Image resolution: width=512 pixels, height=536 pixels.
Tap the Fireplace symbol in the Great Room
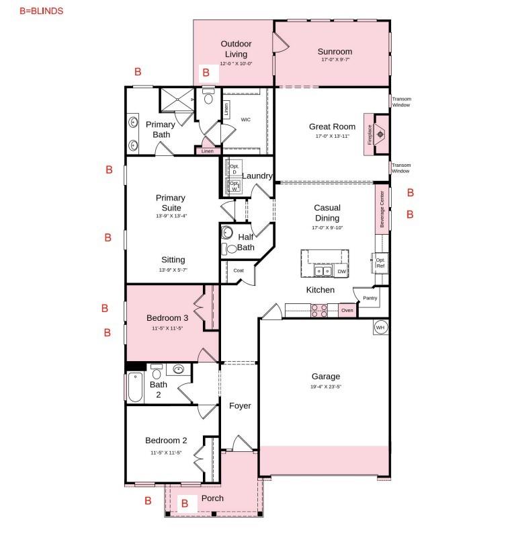tap(380, 134)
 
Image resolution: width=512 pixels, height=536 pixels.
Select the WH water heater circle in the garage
tap(380, 328)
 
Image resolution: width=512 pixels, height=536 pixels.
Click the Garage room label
tap(325, 377)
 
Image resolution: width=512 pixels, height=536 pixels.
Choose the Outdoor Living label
tap(236, 49)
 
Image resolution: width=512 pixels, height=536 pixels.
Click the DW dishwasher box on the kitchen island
tap(341, 271)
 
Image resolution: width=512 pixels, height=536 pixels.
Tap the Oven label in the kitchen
tap(347, 310)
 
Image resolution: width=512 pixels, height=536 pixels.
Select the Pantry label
tap(370, 298)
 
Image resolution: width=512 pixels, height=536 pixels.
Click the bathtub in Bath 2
tap(135, 387)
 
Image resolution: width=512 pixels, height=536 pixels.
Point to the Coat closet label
tap(239, 270)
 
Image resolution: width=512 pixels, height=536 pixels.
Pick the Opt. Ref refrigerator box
tap(380, 262)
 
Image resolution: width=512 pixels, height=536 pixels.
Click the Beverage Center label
tap(382, 210)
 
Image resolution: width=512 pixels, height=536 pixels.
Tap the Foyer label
tap(240, 406)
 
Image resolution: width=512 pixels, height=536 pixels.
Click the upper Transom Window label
tap(401, 102)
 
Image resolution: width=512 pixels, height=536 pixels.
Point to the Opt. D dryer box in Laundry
tap(234, 169)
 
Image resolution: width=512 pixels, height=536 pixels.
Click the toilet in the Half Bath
tap(232, 248)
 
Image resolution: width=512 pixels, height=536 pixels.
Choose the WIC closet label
tap(246, 119)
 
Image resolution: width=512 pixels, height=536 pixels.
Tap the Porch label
tap(212, 498)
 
